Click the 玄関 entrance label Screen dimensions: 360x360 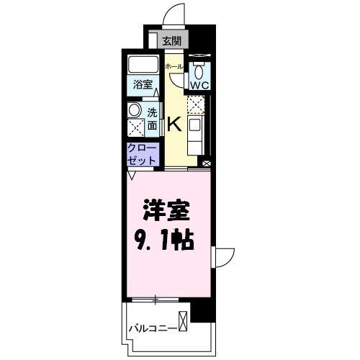click(171, 41)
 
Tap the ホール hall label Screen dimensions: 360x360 click(173, 66)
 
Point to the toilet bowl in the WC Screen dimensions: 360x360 click(199, 71)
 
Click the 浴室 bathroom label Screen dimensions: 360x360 click(142, 84)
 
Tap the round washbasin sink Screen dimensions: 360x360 click(134, 111)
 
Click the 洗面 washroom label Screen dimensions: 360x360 click(153, 118)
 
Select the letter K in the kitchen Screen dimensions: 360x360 click(174, 124)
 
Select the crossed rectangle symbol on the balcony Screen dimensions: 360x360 click(184, 320)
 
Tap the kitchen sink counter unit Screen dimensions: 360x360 click(196, 134)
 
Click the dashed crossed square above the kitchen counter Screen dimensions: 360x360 click(196, 105)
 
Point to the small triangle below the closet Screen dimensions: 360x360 click(132, 174)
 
